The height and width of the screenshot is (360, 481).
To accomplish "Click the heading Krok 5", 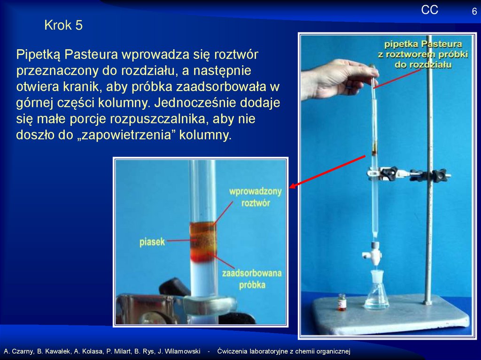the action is click(63, 25).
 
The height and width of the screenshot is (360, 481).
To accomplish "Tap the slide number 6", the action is click(474, 12).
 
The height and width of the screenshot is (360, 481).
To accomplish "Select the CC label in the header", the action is click(429, 10).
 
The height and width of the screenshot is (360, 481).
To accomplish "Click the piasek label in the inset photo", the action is click(152, 242).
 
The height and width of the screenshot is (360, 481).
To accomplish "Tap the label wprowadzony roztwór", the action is click(256, 197).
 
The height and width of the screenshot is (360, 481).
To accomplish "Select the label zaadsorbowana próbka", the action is click(252, 279).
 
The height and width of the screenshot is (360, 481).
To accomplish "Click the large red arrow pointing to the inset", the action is click(327, 171).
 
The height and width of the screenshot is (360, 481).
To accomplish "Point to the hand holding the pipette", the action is click(339, 79).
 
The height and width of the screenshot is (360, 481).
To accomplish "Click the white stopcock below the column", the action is click(374, 253).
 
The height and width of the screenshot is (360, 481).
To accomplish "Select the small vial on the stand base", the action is click(342, 302).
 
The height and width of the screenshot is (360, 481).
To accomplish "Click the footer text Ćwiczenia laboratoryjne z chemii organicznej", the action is click(284, 352).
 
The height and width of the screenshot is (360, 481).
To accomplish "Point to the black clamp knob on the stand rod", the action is click(439, 175).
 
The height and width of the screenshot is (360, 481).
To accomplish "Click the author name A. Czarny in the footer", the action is click(18, 352).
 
